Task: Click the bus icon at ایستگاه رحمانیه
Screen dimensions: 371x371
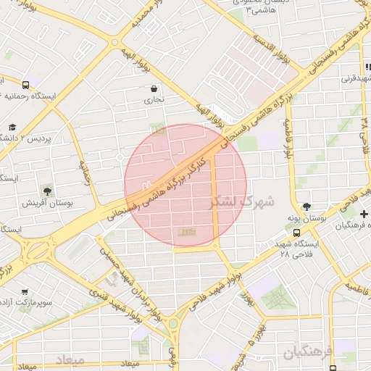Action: pyautogui.click(x=26, y=84)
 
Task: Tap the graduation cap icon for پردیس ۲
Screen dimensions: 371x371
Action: pyautogui.click(x=12, y=128)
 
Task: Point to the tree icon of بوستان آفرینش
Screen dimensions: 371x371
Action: pyautogui.click(x=47, y=191)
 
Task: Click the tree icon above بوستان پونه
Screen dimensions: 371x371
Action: pyautogui.click(x=307, y=207)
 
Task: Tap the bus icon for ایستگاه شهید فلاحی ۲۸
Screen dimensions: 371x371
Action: pyautogui.click(x=297, y=233)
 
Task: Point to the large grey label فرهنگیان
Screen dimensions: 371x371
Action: pyautogui.click(x=307, y=353)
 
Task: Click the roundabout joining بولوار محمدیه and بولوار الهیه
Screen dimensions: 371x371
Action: pyautogui.click(x=115, y=42)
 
